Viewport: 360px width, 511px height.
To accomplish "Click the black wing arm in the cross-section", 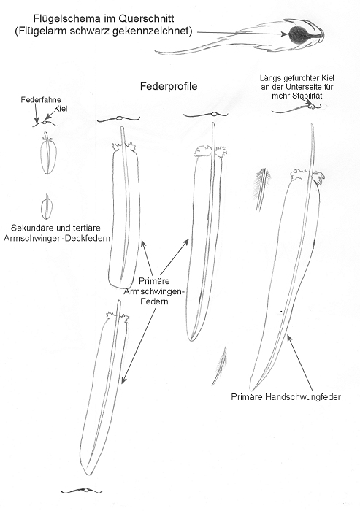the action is click(298, 36).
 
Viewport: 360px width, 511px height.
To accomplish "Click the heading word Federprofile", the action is click(169, 86).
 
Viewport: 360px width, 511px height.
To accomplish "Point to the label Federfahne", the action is click(41, 100).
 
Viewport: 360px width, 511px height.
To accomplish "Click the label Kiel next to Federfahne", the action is click(61, 109).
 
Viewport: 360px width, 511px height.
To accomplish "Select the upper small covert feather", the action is click(48, 153).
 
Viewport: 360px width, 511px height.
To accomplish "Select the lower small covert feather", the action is click(47, 207).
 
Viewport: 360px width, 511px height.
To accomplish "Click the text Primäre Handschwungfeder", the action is click(286, 397).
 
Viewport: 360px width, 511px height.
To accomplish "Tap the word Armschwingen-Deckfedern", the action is click(56, 238).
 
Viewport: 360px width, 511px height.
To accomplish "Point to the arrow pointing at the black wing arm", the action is click(243, 33).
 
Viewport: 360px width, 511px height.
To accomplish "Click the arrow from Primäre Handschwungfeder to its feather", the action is click(300, 363).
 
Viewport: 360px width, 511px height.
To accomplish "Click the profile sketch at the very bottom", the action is click(83, 491).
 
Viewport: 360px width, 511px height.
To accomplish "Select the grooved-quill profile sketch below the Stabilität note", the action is click(296, 107).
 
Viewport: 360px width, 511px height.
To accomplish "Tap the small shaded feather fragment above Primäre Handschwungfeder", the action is click(220, 366).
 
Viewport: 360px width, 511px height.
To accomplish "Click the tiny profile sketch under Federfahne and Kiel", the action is click(45, 123).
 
